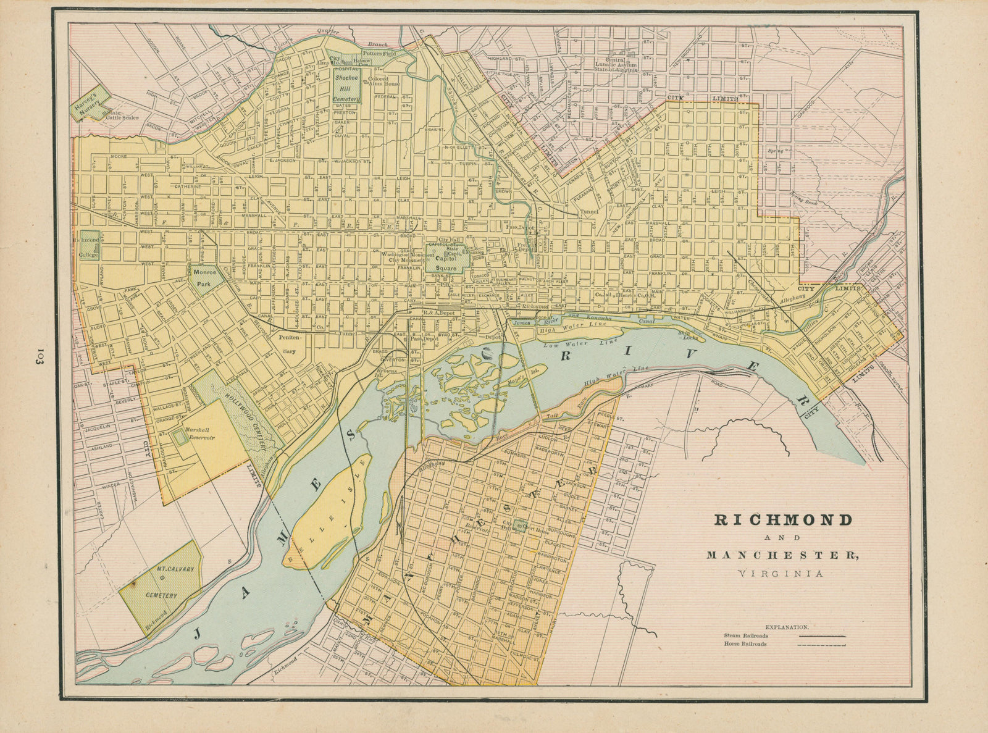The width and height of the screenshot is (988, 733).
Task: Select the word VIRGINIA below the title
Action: [781, 574]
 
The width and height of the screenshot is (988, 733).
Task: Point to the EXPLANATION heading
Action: [787, 626]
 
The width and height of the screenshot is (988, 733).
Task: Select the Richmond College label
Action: [87, 246]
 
